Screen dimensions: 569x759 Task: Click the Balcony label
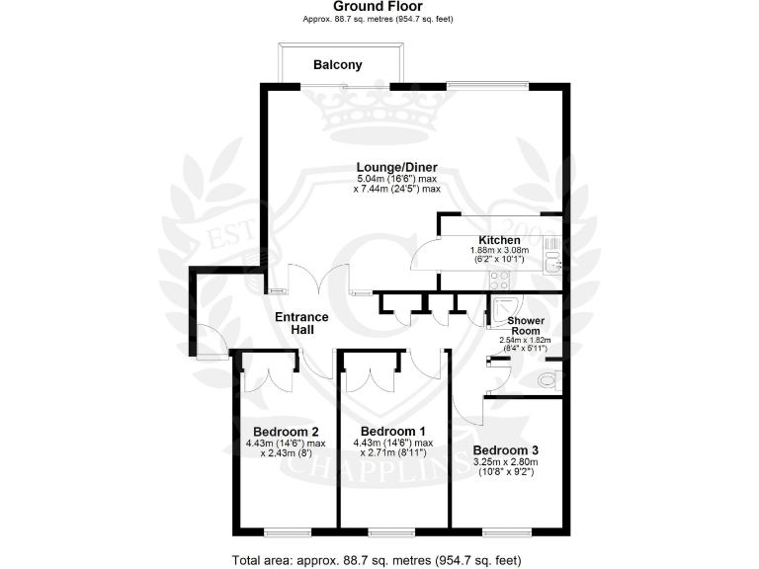pos(337,65)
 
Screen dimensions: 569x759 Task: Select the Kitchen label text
pos(499,240)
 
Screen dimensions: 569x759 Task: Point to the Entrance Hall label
pos(300,323)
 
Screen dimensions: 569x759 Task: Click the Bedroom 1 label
pos(393,431)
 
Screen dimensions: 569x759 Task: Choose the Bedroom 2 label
pos(286,431)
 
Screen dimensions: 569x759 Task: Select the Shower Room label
pos(527,326)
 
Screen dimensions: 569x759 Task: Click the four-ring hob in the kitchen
pos(551,243)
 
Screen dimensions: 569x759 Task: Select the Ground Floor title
pos(379,7)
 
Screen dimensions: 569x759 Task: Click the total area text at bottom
pos(377,560)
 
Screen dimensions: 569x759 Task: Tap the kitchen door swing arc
pos(426,255)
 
